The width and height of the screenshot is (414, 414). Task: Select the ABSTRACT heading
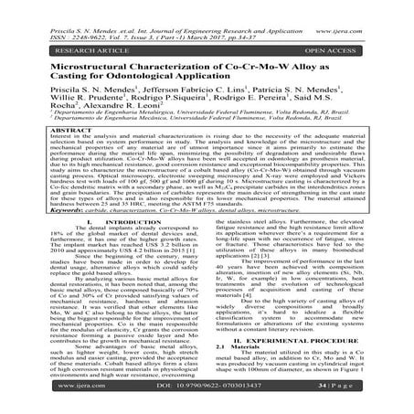[207, 124]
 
